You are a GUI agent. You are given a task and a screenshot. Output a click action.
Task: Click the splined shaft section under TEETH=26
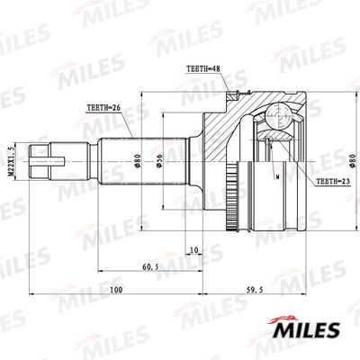[x=117, y=162]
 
